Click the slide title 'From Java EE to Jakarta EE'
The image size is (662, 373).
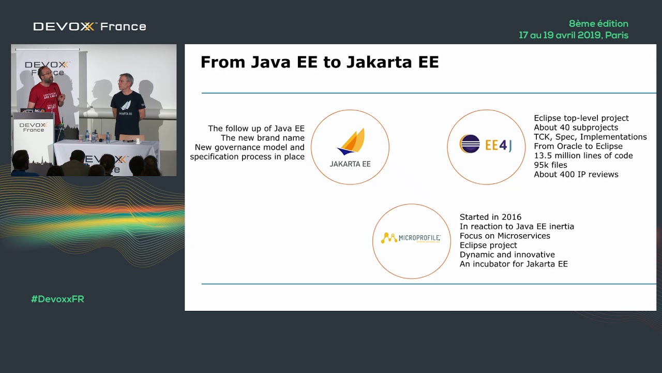pyautogui.click(x=319, y=62)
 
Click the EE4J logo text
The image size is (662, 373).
pyautogui.click(x=499, y=145)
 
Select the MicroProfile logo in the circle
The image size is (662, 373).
pyautogui.click(x=411, y=238)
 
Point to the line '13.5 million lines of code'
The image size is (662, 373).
pyautogui.click(x=583, y=155)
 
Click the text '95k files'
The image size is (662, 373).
pyautogui.click(x=550, y=165)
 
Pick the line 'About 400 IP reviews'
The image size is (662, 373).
pyautogui.click(x=576, y=174)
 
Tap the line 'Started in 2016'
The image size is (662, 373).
pyautogui.click(x=490, y=217)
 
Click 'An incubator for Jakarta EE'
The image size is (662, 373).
pyautogui.click(x=514, y=264)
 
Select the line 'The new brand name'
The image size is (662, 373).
pyautogui.click(x=262, y=138)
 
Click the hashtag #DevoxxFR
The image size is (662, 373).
pyautogui.click(x=57, y=299)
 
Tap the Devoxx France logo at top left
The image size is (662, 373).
pyautogui.click(x=89, y=26)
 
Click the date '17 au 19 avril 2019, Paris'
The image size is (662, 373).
pyautogui.click(x=574, y=35)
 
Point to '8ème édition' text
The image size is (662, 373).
pyautogui.click(x=598, y=23)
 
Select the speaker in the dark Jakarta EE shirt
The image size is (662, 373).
pyautogui.click(x=127, y=106)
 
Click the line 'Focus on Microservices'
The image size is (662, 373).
pyautogui.click(x=505, y=236)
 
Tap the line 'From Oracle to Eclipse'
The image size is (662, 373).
pyautogui.click(x=578, y=146)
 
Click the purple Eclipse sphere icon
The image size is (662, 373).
pyautogui.click(x=470, y=144)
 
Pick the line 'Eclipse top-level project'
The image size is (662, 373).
pyautogui.click(x=581, y=118)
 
